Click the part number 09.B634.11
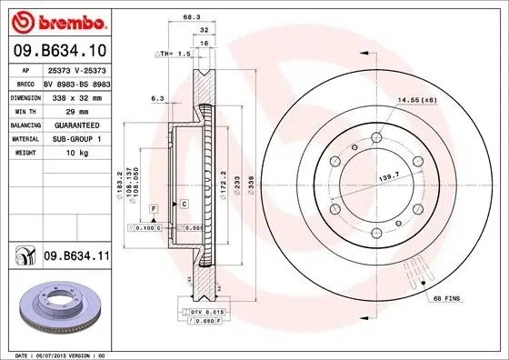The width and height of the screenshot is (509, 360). tap(76, 259)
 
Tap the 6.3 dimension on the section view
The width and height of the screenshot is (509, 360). tap(156, 97)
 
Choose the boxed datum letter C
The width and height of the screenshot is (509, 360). tap(184, 203)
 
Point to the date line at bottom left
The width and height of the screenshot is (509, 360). tap(55, 354)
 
